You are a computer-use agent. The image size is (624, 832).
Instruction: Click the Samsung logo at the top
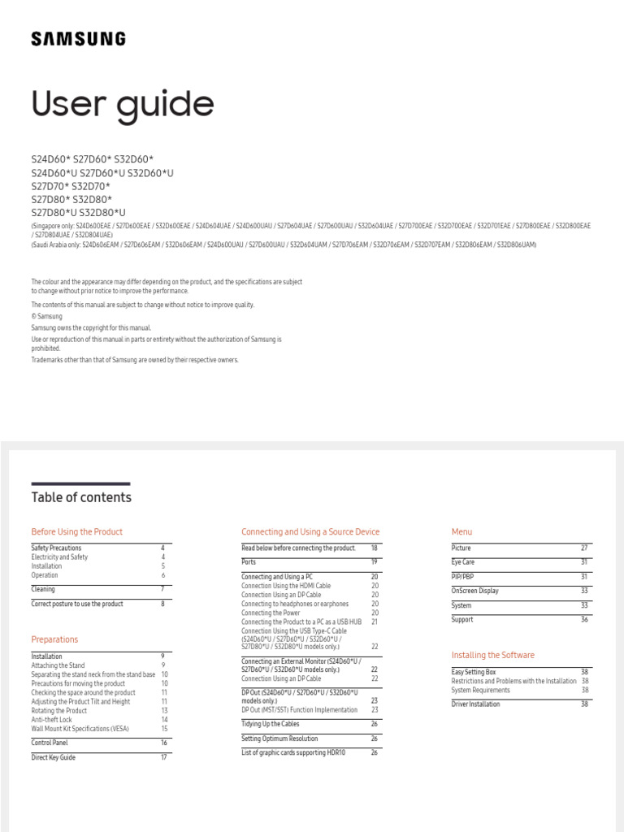(x=78, y=38)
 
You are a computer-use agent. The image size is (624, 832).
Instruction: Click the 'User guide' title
(x=123, y=105)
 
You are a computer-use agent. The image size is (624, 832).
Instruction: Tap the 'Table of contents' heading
(x=81, y=497)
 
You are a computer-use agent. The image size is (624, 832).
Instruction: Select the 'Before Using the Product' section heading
(x=77, y=532)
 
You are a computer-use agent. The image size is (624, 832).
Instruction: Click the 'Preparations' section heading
(x=54, y=639)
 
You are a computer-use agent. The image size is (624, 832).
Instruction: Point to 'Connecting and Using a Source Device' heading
(x=310, y=532)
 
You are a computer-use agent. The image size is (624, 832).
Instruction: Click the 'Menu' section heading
(x=461, y=532)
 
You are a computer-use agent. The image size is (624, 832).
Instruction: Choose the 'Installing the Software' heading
(x=493, y=655)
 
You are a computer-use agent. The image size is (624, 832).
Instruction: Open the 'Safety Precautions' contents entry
(x=56, y=548)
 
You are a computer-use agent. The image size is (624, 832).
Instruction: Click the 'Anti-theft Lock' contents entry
(x=52, y=719)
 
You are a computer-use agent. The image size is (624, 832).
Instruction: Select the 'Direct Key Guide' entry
(x=54, y=757)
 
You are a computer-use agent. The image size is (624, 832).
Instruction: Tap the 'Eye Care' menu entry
(x=463, y=562)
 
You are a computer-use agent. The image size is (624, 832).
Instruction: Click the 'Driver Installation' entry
(x=475, y=704)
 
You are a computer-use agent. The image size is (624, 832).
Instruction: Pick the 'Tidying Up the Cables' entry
(x=271, y=724)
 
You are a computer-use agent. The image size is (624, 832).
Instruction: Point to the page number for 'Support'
(x=584, y=620)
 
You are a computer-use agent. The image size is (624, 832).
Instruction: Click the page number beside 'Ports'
(x=375, y=562)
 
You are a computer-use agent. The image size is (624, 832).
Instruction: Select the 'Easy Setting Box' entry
(x=474, y=672)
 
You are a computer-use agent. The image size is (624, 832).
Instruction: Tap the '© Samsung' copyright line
(x=47, y=316)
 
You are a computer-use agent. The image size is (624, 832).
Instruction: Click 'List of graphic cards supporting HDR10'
(x=292, y=753)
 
